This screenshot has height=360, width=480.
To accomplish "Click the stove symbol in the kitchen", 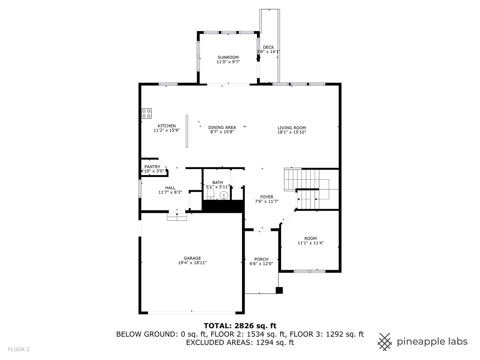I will coord(146,113).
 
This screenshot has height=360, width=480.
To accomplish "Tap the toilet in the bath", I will coord(211,194).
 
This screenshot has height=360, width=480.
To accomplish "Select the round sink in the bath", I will coord(224,195).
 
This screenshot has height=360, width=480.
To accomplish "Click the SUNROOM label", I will coord(228,57).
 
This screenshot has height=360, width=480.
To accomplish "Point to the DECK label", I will coord(268,47).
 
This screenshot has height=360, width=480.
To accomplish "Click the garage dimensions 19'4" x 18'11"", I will coord(192,263).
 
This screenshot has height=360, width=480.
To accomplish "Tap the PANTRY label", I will coord(152,167).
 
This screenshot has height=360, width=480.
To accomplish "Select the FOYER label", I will coord(267,197).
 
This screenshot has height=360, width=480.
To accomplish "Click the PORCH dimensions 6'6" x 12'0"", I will coord(261,264).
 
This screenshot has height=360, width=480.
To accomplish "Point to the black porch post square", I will coord(279,290).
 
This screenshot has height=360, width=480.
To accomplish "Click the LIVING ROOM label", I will coord(292,128).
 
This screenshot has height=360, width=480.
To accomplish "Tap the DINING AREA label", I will coord(222,127).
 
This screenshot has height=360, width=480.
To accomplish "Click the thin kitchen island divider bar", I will coord(187,131).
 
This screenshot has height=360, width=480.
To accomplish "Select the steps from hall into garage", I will coord(177,217).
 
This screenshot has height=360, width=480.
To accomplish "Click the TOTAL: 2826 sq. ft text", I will coord(240,326).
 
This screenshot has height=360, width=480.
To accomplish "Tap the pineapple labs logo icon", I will coord(385,342).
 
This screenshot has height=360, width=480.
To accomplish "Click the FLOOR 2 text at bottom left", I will coord(19,349).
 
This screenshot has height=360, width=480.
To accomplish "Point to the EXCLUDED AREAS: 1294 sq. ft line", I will coord(240,342).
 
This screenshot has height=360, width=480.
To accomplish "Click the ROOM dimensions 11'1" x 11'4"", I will coord(310,243).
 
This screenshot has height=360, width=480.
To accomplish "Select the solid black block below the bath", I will coord(223,206).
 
